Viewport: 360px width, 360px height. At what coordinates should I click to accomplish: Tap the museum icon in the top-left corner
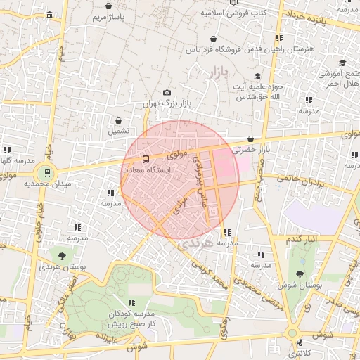48,15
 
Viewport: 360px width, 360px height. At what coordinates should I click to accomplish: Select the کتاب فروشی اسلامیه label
233,13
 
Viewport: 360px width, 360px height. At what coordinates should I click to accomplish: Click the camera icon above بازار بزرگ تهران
167,93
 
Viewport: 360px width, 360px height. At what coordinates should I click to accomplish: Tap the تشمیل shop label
117,131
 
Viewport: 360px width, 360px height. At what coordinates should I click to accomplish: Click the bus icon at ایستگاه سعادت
146,159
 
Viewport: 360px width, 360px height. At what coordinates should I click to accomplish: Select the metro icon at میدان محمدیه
46,171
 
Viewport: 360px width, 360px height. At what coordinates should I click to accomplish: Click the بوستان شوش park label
301,285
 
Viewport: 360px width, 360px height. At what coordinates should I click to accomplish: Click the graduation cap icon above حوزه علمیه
258,76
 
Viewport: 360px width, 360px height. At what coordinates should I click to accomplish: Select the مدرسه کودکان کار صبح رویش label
131,319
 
